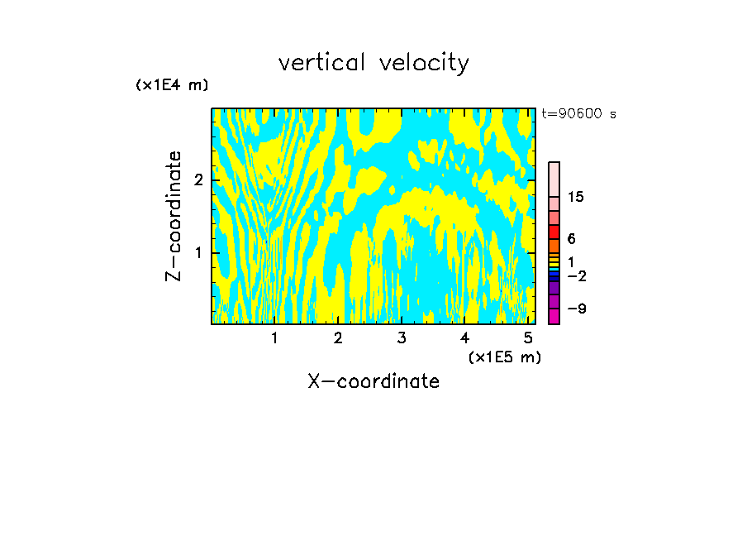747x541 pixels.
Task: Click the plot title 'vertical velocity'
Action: coord(373,63)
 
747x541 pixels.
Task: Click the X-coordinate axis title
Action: coord(373,381)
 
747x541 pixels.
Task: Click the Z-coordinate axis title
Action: coord(174,216)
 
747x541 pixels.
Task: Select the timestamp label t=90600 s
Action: coord(578,114)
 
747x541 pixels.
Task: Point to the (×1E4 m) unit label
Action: coord(172,85)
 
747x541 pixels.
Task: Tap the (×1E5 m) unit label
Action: coord(504,357)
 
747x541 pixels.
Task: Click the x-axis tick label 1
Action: coord(274,338)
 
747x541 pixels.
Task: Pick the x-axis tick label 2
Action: coord(338,338)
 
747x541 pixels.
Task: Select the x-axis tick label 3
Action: coord(402,338)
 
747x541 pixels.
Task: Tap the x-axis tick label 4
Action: coord(464,338)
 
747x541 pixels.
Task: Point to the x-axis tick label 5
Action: coord(528,338)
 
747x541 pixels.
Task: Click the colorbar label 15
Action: coord(576,197)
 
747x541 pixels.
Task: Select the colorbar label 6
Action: coord(571,239)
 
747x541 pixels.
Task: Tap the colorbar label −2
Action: coord(576,276)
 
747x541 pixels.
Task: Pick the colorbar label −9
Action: coord(576,309)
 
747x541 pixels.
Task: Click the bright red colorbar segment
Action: coord(554,232)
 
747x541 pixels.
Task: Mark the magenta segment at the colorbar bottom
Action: coord(554,316)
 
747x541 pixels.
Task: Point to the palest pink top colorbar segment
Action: coord(554,179)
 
